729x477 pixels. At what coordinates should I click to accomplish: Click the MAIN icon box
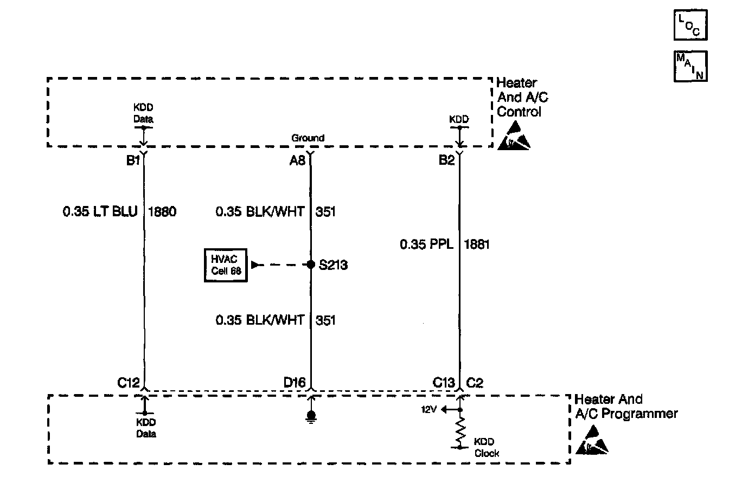tap(690, 66)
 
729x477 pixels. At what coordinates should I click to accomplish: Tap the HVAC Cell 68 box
tap(226, 266)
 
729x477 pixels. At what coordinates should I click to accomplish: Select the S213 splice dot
tap(311, 265)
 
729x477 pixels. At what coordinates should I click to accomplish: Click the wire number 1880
tap(162, 212)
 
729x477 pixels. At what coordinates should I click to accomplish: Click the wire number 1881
tap(477, 244)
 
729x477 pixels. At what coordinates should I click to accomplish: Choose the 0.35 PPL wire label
tap(427, 244)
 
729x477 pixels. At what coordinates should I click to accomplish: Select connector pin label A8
tap(298, 161)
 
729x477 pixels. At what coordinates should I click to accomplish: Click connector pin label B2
tap(447, 161)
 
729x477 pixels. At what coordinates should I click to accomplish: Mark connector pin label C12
tap(129, 383)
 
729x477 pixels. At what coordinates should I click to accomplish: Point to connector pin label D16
tap(295, 383)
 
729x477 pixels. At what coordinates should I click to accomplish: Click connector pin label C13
tap(444, 383)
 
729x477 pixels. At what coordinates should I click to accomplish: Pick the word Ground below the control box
tap(308, 138)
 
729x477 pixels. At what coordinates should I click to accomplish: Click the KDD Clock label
tap(486, 447)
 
